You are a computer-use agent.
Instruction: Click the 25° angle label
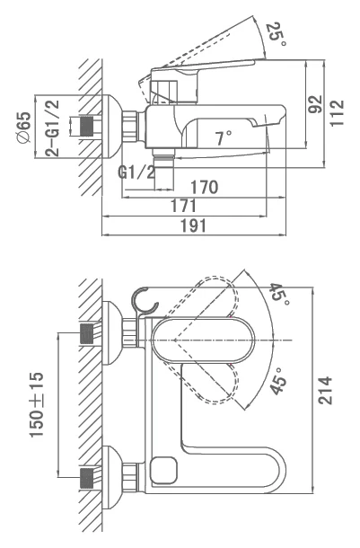click(x=277, y=34)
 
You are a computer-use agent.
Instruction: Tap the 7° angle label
click(x=224, y=137)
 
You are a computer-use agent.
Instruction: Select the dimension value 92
click(x=315, y=104)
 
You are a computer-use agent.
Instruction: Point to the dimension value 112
click(x=337, y=112)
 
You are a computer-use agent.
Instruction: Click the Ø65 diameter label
click(x=24, y=127)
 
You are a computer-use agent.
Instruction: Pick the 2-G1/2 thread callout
click(x=52, y=128)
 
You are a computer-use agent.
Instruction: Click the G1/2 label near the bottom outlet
click(x=136, y=172)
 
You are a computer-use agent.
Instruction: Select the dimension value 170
click(x=205, y=187)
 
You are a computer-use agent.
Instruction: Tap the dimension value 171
click(x=184, y=206)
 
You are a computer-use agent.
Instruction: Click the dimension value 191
click(x=193, y=225)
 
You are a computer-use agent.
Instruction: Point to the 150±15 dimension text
click(x=37, y=404)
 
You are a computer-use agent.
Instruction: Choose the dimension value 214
click(x=325, y=391)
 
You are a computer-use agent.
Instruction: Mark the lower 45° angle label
click(x=278, y=381)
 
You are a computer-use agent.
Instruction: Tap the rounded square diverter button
click(x=163, y=470)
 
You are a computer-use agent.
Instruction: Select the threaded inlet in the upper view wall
click(x=87, y=126)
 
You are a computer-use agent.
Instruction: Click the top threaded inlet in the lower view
click(x=87, y=333)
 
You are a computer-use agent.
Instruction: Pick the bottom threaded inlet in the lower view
click(x=87, y=477)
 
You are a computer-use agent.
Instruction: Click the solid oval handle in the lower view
click(x=202, y=340)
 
